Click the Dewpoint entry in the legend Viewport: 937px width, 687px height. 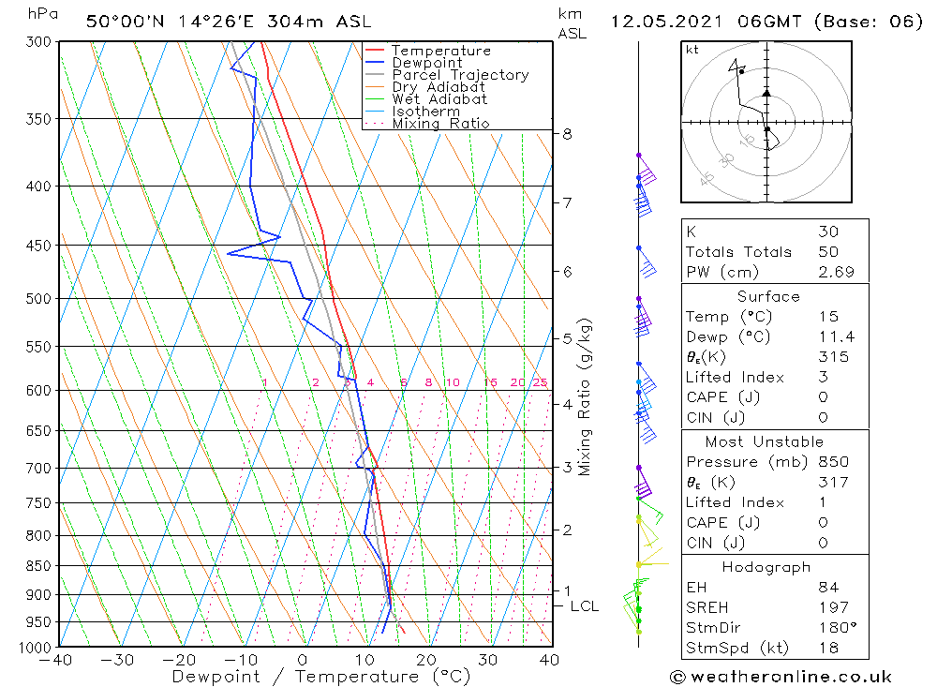click(426, 63)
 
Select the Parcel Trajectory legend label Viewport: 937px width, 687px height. click(460, 75)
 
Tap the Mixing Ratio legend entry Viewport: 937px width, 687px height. click(440, 124)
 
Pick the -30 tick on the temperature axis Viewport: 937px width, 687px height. click(119, 660)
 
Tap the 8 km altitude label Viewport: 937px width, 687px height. click(567, 134)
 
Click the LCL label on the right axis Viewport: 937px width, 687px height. click(584, 606)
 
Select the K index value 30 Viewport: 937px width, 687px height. click(827, 231)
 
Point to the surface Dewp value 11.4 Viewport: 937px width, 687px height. click(835, 337)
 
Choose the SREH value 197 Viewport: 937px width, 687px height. click(832, 607)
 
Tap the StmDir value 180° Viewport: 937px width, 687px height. click(834, 628)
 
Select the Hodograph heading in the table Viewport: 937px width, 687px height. click(767, 567)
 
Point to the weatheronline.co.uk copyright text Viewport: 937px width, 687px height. click(781, 677)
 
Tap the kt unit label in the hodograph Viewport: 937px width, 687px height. click(692, 50)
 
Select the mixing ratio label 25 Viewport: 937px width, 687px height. click(540, 382)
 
